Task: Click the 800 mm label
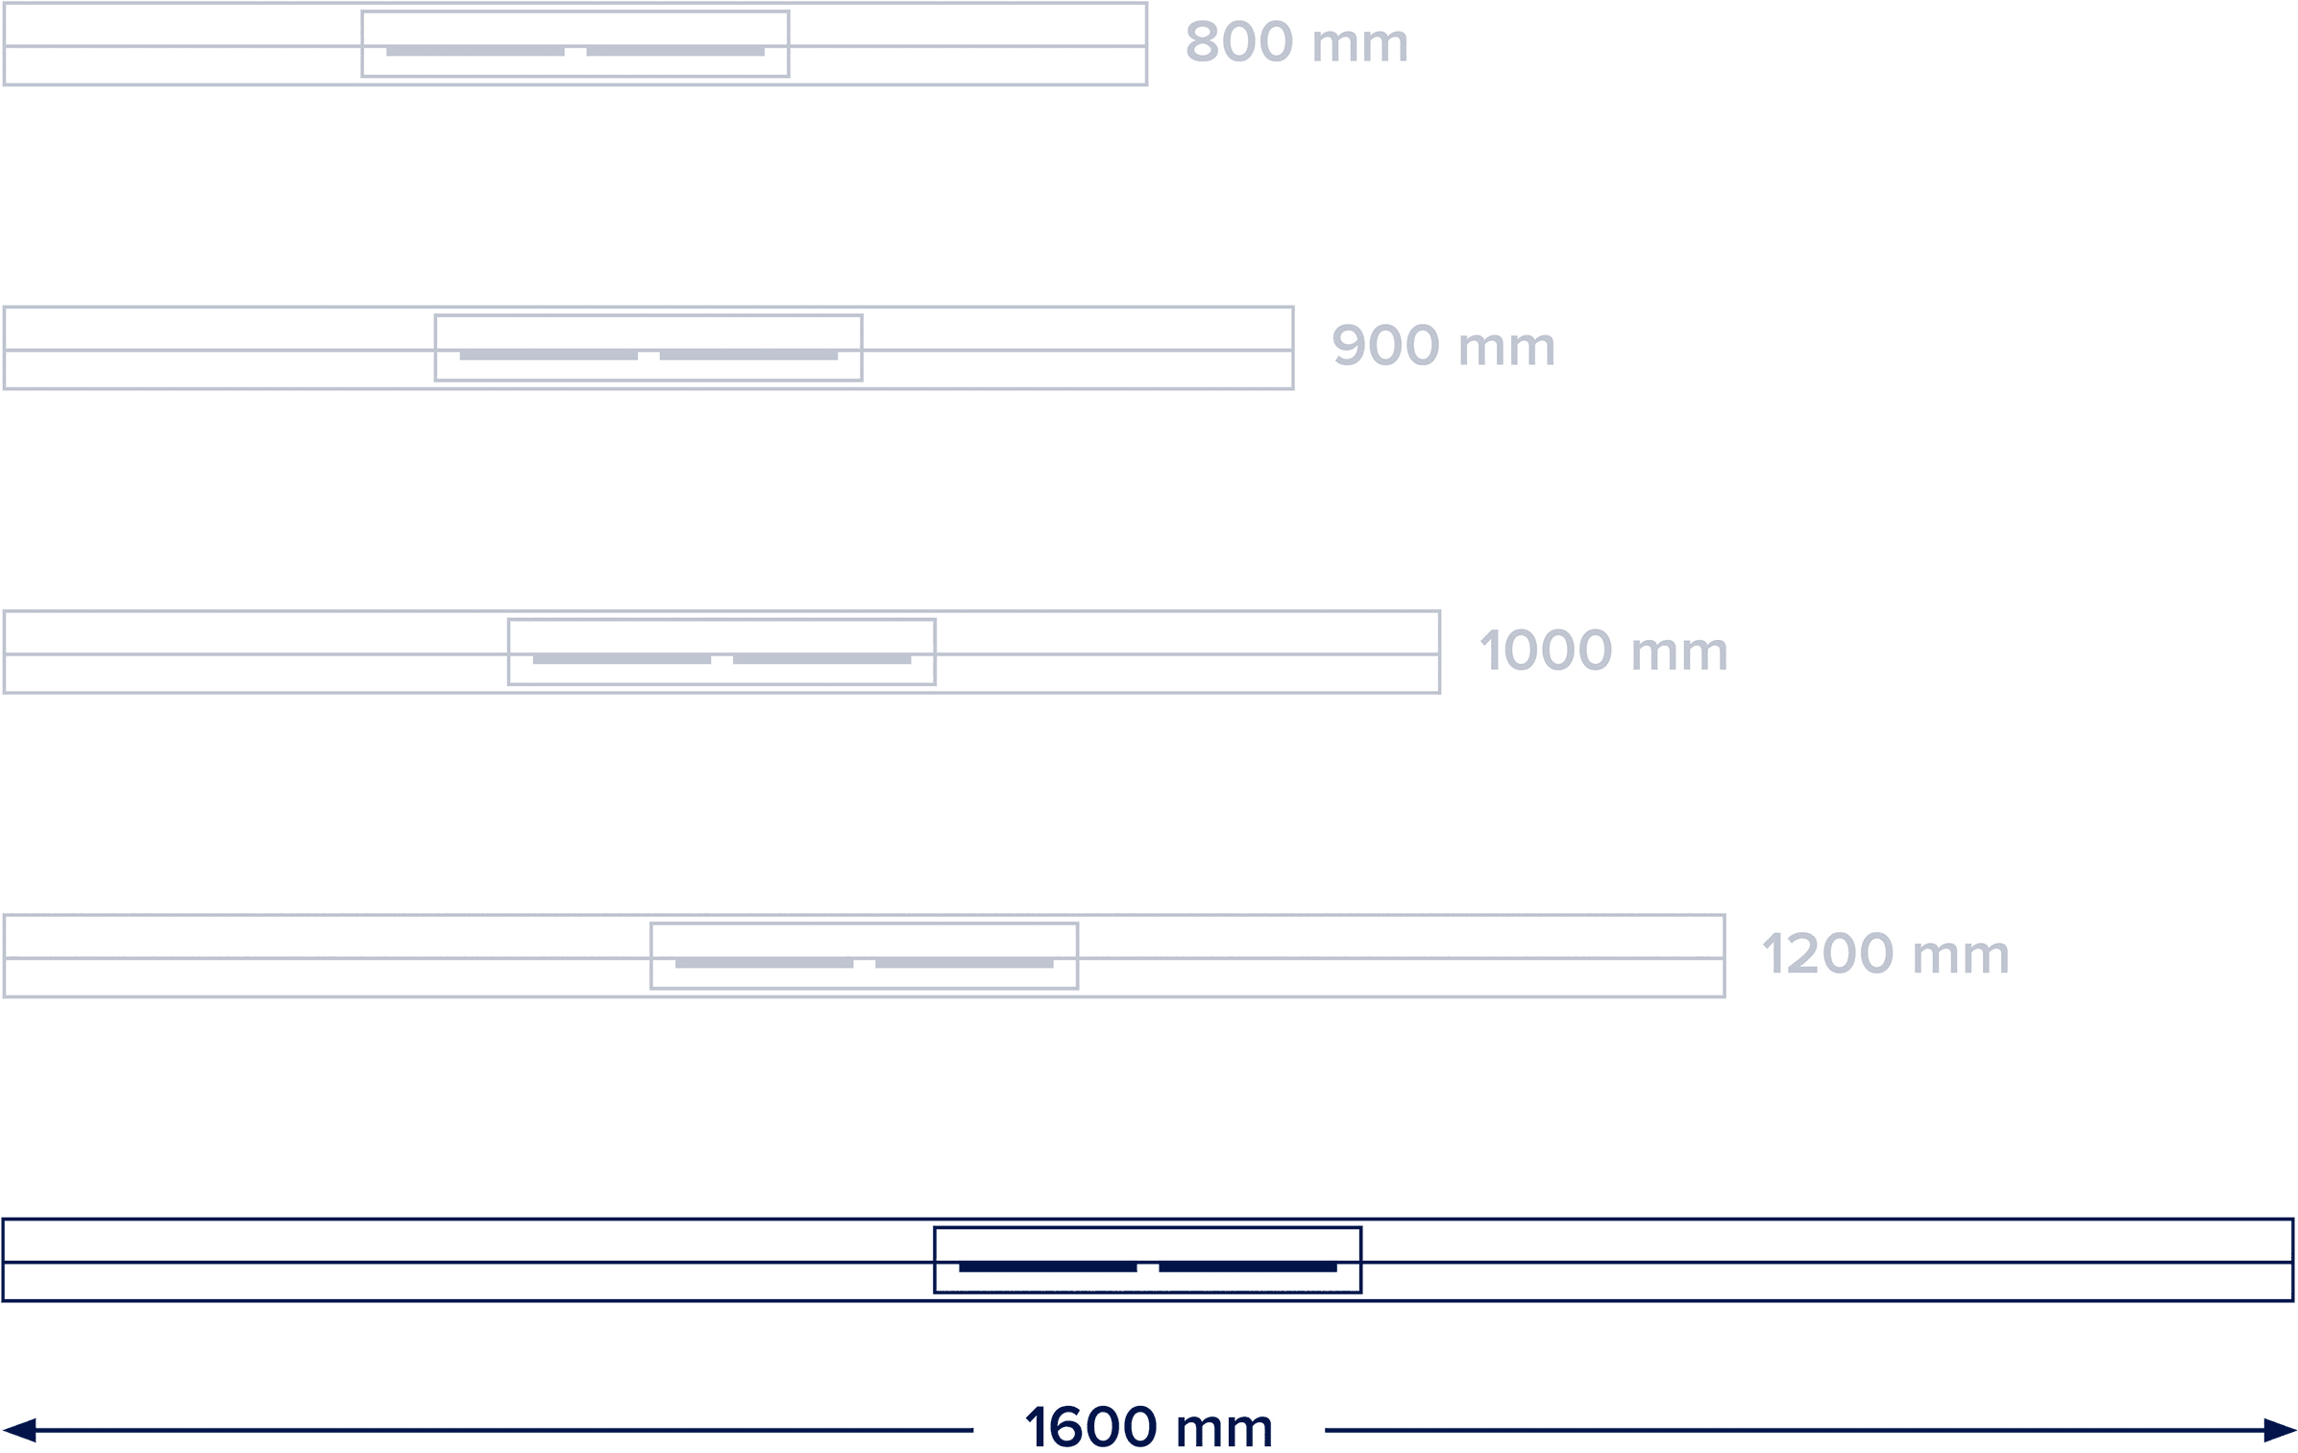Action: (1297, 42)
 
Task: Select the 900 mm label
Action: (1443, 346)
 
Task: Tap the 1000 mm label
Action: (1603, 651)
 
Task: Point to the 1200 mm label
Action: (1885, 954)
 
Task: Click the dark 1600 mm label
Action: (1149, 1427)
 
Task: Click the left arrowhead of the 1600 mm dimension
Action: (19, 1430)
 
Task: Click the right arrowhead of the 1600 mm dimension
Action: (2280, 1430)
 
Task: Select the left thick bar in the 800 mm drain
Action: (476, 51)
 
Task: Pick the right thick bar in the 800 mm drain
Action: (675, 51)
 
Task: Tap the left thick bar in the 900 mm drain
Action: (549, 356)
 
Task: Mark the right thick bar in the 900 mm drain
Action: (748, 356)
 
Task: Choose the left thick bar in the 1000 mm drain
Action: (622, 659)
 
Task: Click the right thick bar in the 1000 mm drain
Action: (821, 659)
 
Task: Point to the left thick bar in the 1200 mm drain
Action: (764, 963)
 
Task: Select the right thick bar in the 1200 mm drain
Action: (964, 963)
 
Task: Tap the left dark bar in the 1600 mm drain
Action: (1047, 1268)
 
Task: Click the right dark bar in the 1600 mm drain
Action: (1248, 1268)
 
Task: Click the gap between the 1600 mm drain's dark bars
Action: (1148, 1268)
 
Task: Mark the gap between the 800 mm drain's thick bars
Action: (575, 51)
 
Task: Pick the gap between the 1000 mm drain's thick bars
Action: (721, 659)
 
